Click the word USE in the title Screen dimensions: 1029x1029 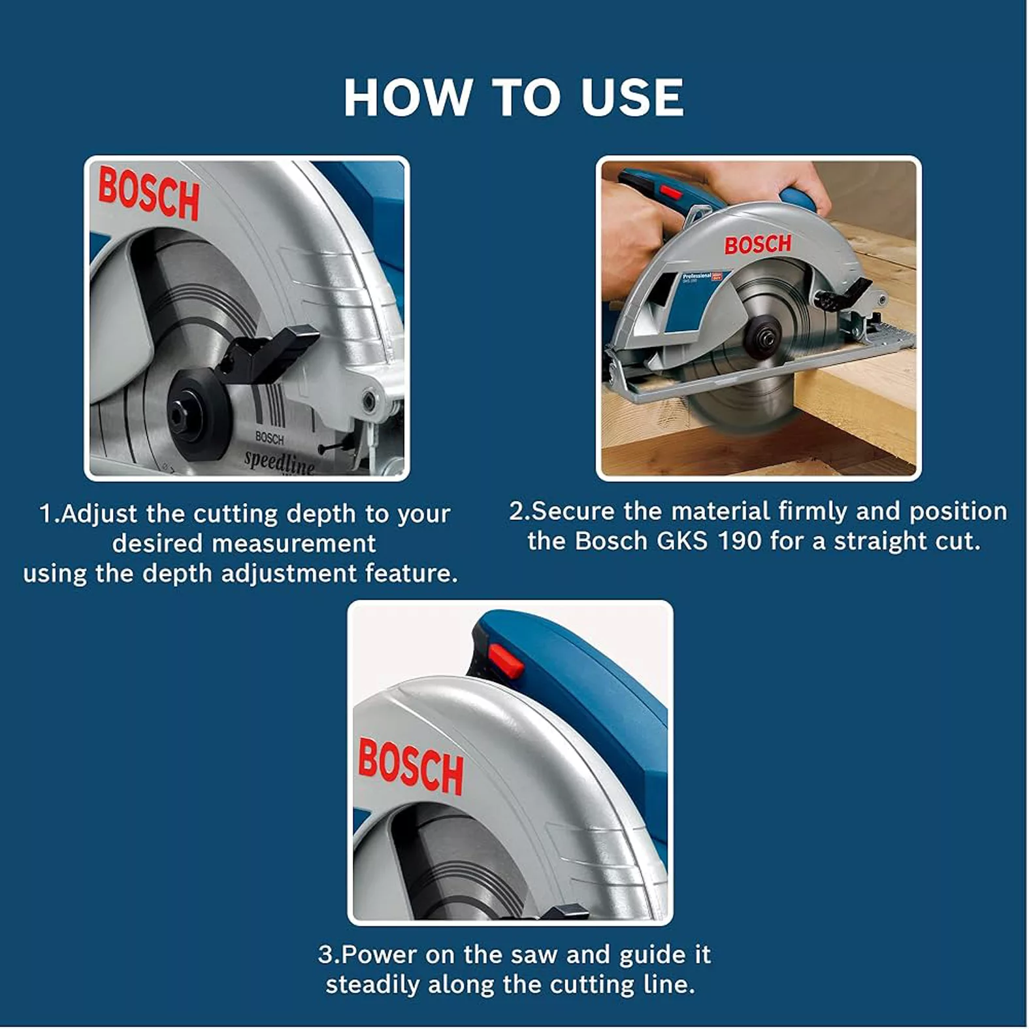click(x=632, y=97)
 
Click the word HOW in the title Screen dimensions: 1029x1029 click(x=407, y=97)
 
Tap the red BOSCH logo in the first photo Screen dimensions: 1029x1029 click(x=149, y=193)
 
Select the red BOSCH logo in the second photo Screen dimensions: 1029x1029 click(x=758, y=244)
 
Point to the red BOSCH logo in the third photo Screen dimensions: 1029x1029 click(x=410, y=766)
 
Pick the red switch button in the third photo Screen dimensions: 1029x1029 click(x=505, y=660)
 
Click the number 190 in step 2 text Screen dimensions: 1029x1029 click(x=739, y=541)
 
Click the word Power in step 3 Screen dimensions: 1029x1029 click(x=379, y=955)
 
